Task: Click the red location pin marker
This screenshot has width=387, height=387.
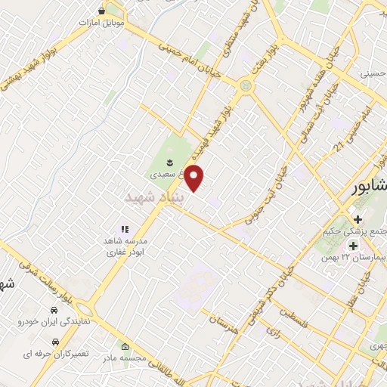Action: tap(195, 178)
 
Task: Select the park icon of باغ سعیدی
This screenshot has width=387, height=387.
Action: tap(170, 162)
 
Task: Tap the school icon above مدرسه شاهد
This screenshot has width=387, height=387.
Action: tap(125, 228)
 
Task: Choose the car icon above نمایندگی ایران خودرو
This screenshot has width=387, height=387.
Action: tap(54, 311)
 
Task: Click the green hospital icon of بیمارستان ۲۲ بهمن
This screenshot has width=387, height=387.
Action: tap(353, 245)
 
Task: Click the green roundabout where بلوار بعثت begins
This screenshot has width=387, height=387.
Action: tap(244, 86)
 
